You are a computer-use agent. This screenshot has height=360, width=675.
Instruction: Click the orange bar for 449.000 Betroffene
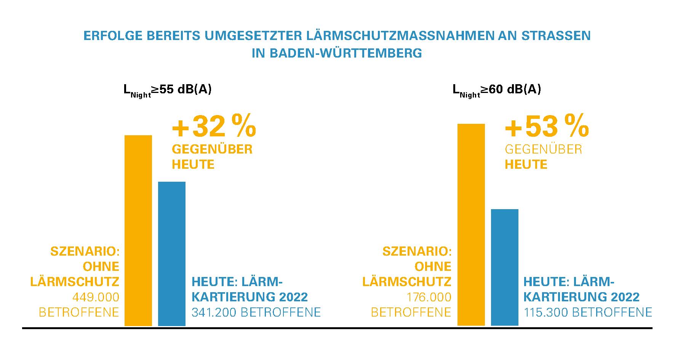(138, 230)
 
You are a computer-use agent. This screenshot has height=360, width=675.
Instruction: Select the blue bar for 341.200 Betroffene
(172, 254)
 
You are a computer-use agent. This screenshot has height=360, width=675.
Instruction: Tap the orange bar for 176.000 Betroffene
(471, 225)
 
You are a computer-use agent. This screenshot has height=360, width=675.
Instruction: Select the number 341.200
(213, 312)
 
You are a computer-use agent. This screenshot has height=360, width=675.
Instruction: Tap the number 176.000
(429, 297)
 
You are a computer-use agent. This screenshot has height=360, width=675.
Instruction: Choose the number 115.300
(545, 312)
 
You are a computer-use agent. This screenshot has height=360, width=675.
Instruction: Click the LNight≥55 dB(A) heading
(168, 90)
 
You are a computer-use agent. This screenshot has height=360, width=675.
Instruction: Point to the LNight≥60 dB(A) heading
(497, 90)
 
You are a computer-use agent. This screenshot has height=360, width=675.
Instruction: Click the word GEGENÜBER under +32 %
(212, 149)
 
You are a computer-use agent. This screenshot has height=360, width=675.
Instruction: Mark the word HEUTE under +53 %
(526, 165)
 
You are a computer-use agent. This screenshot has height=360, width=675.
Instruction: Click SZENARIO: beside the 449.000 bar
(85, 252)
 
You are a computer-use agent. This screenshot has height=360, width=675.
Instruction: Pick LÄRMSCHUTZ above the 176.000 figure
(407, 282)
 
